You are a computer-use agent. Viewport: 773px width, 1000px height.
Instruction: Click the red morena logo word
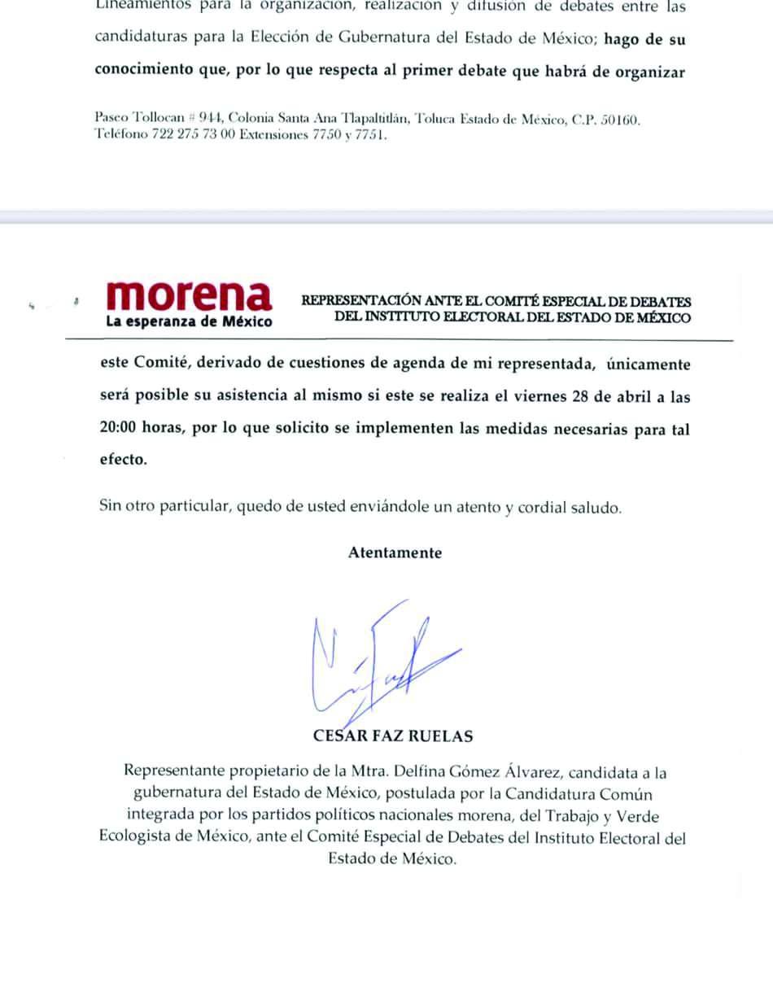(190, 296)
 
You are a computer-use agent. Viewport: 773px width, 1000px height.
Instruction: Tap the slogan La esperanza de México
(189, 321)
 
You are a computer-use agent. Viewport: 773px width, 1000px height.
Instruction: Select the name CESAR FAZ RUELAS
(393, 736)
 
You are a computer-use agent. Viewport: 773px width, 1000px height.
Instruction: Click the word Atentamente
(395, 553)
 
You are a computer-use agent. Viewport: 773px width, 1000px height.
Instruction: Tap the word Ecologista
(136, 837)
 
